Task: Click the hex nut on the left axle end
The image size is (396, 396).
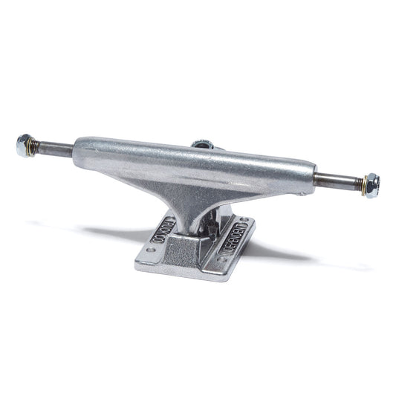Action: coord(25,146)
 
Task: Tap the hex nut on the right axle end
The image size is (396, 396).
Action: coord(371,183)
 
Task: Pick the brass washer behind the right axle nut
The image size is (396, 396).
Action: coord(362,182)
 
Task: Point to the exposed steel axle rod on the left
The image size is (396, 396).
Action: coord(55,149)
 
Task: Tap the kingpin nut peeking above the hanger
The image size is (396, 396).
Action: coord(202,143)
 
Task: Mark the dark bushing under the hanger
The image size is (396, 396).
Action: coord(212,220)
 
